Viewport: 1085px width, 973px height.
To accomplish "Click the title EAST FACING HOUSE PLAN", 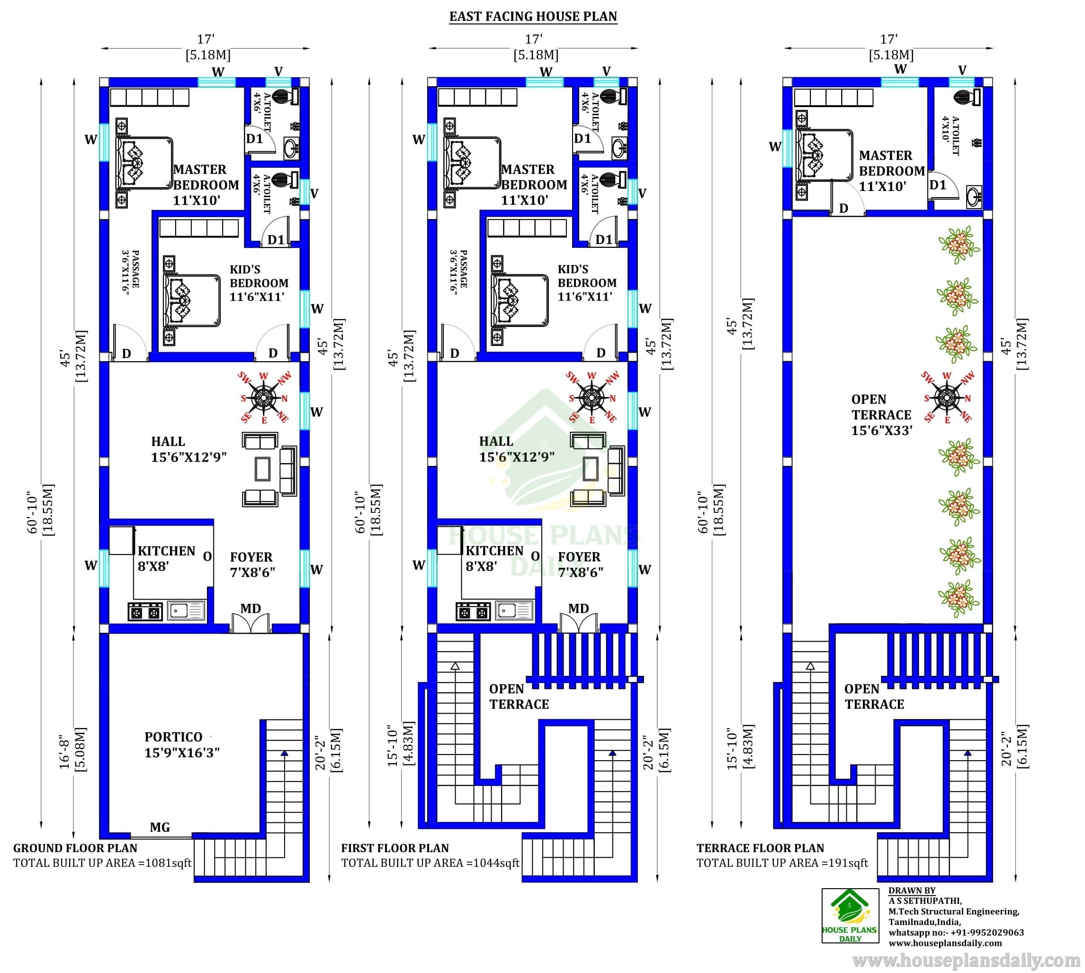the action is [x=533, y=17].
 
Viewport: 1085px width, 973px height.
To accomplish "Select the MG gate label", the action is [x=160, y=828].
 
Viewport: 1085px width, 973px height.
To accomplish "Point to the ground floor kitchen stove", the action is [x=145, y=611].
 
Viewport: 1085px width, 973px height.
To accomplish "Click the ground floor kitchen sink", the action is [x=186, y=610].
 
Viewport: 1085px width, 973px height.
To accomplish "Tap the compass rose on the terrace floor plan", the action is [x=947, y=398].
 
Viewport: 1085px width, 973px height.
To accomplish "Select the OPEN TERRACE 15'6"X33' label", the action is [x=881, y=415].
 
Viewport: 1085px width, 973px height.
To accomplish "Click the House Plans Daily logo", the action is [x=850, y=916].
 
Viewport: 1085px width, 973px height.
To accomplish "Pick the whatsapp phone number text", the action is [x=956, y=932].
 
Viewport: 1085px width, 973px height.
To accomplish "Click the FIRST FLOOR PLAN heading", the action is [x=395, y=848].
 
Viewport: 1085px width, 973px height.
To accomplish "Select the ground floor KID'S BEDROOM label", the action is [x=259, y=283].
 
